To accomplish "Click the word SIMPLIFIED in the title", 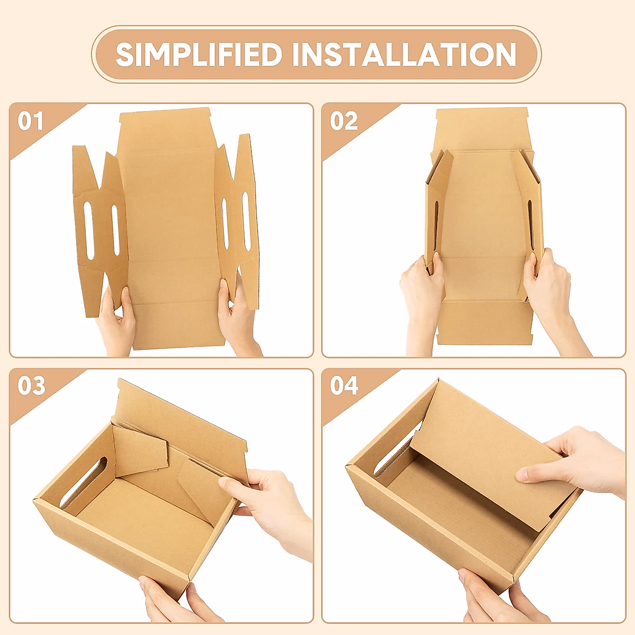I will click(199, 55).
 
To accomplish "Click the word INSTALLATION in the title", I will click(404, 55).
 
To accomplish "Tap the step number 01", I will click(30, 121).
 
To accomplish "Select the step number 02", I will click(343, 121).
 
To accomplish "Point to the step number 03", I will click(31, 386).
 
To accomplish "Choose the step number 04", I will click(344, 386).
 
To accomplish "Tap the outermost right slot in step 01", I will click(246, 220).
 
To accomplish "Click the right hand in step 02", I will click(550, 296).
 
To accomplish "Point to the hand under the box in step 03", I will click(169, 603).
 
